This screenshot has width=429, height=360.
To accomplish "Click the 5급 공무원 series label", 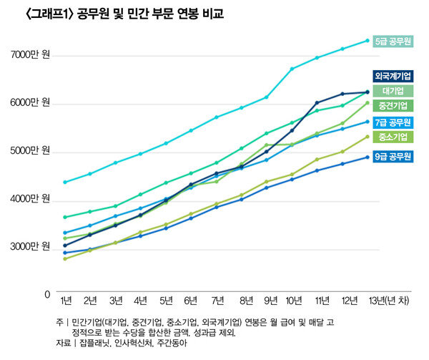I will point(393,42).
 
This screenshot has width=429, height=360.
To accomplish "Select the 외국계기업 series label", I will point(393,76).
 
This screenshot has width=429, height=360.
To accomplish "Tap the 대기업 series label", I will point(393,91).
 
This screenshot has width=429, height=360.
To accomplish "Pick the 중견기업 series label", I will point(393,106).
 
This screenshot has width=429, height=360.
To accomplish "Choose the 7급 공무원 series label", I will point(393,122).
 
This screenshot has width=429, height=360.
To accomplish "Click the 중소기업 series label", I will point(393,137).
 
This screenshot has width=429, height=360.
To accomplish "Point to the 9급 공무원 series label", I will point(393,156).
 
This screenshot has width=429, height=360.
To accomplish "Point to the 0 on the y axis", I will point(46,293).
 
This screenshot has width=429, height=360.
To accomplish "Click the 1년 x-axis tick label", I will point(66,298).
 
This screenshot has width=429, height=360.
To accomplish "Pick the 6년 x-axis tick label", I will point(191,298).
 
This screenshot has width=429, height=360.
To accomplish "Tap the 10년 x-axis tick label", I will point(292,298).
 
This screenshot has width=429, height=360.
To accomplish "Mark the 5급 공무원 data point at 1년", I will point(65,182).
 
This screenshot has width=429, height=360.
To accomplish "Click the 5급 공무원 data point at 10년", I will point(292,69).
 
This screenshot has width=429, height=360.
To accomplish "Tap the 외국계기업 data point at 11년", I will point(317,102).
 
